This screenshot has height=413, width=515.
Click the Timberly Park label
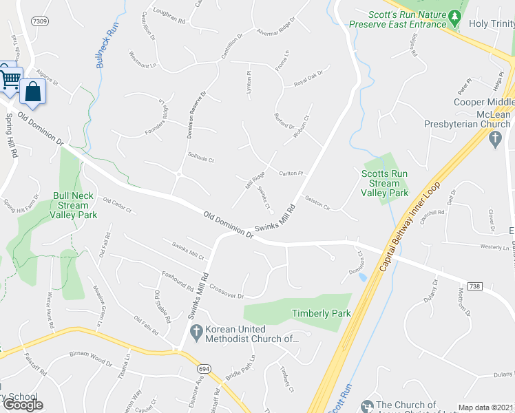point(321,313)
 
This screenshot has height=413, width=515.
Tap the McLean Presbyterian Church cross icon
point(493,139)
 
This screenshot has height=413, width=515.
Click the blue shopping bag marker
point(32,91)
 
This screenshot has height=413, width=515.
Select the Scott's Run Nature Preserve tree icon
point(454,16)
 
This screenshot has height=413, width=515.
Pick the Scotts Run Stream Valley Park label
point(385,184)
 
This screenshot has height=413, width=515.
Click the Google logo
point(23,405)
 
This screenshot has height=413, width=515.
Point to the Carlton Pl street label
point(291,172)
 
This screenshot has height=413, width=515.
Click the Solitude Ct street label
point(201,159)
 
